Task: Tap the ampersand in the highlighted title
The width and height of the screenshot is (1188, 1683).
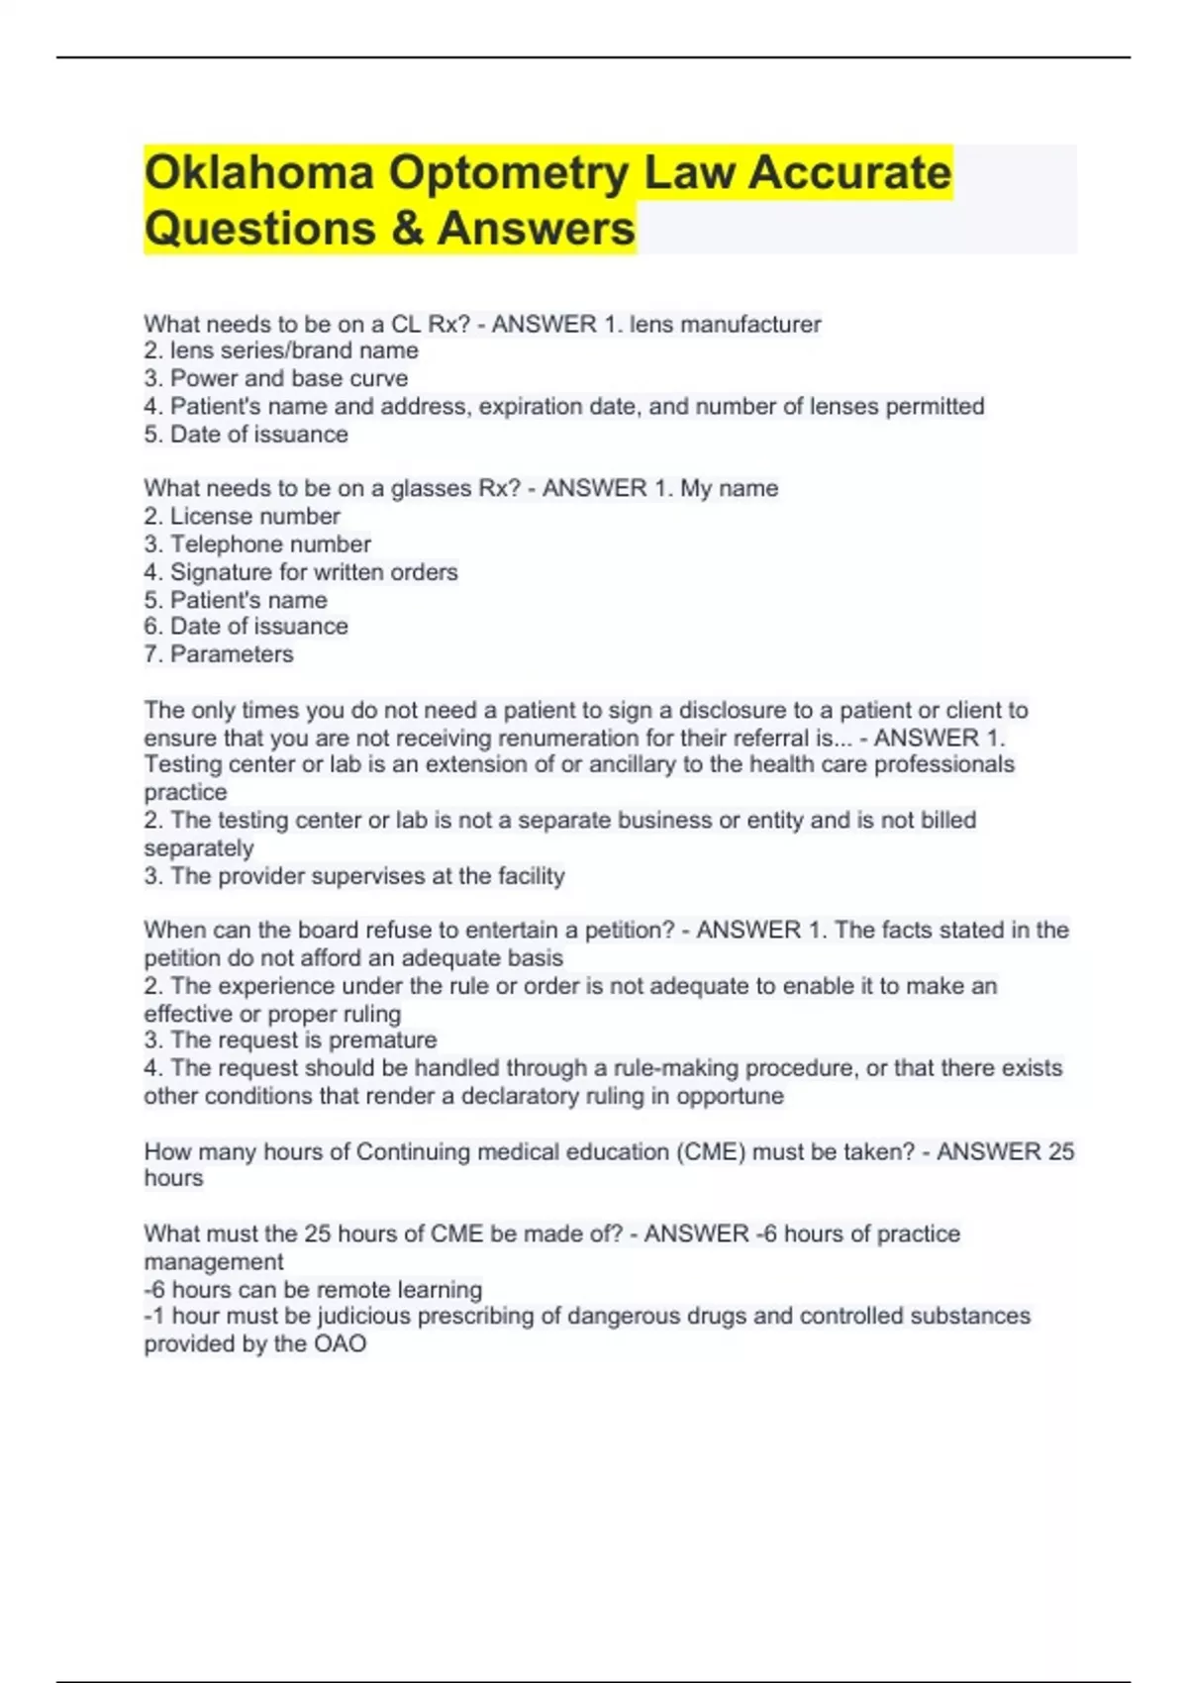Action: (x=406, y=229)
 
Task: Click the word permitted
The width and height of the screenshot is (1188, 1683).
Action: (x=935, y=406)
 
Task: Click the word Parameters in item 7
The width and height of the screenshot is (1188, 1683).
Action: (x=232, y=654)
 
